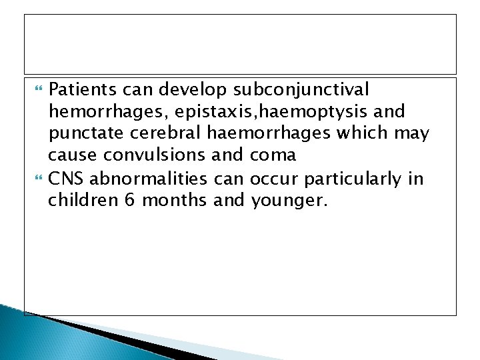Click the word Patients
(x=82, y=89)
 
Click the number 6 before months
(x=127, y=201)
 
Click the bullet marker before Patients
(x=36, y=89)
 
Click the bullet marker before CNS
(x=36, y=179)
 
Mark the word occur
(x=272, y=179)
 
